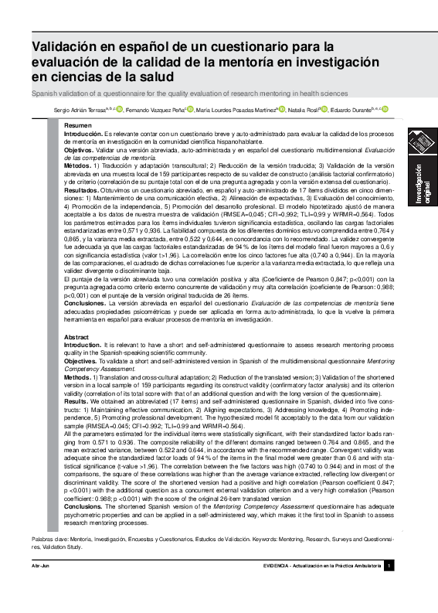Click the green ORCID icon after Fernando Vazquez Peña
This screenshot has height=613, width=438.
click(190, 110)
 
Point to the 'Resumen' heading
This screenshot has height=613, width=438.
click(77, 125)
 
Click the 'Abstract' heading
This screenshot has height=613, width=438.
click(76, 338)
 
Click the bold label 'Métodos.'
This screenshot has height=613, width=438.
click(77, 165)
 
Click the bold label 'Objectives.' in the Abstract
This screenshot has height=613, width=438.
click(81, 361)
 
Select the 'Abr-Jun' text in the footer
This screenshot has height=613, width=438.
click(40, 567)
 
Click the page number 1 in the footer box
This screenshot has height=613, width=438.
click(389, 567)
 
